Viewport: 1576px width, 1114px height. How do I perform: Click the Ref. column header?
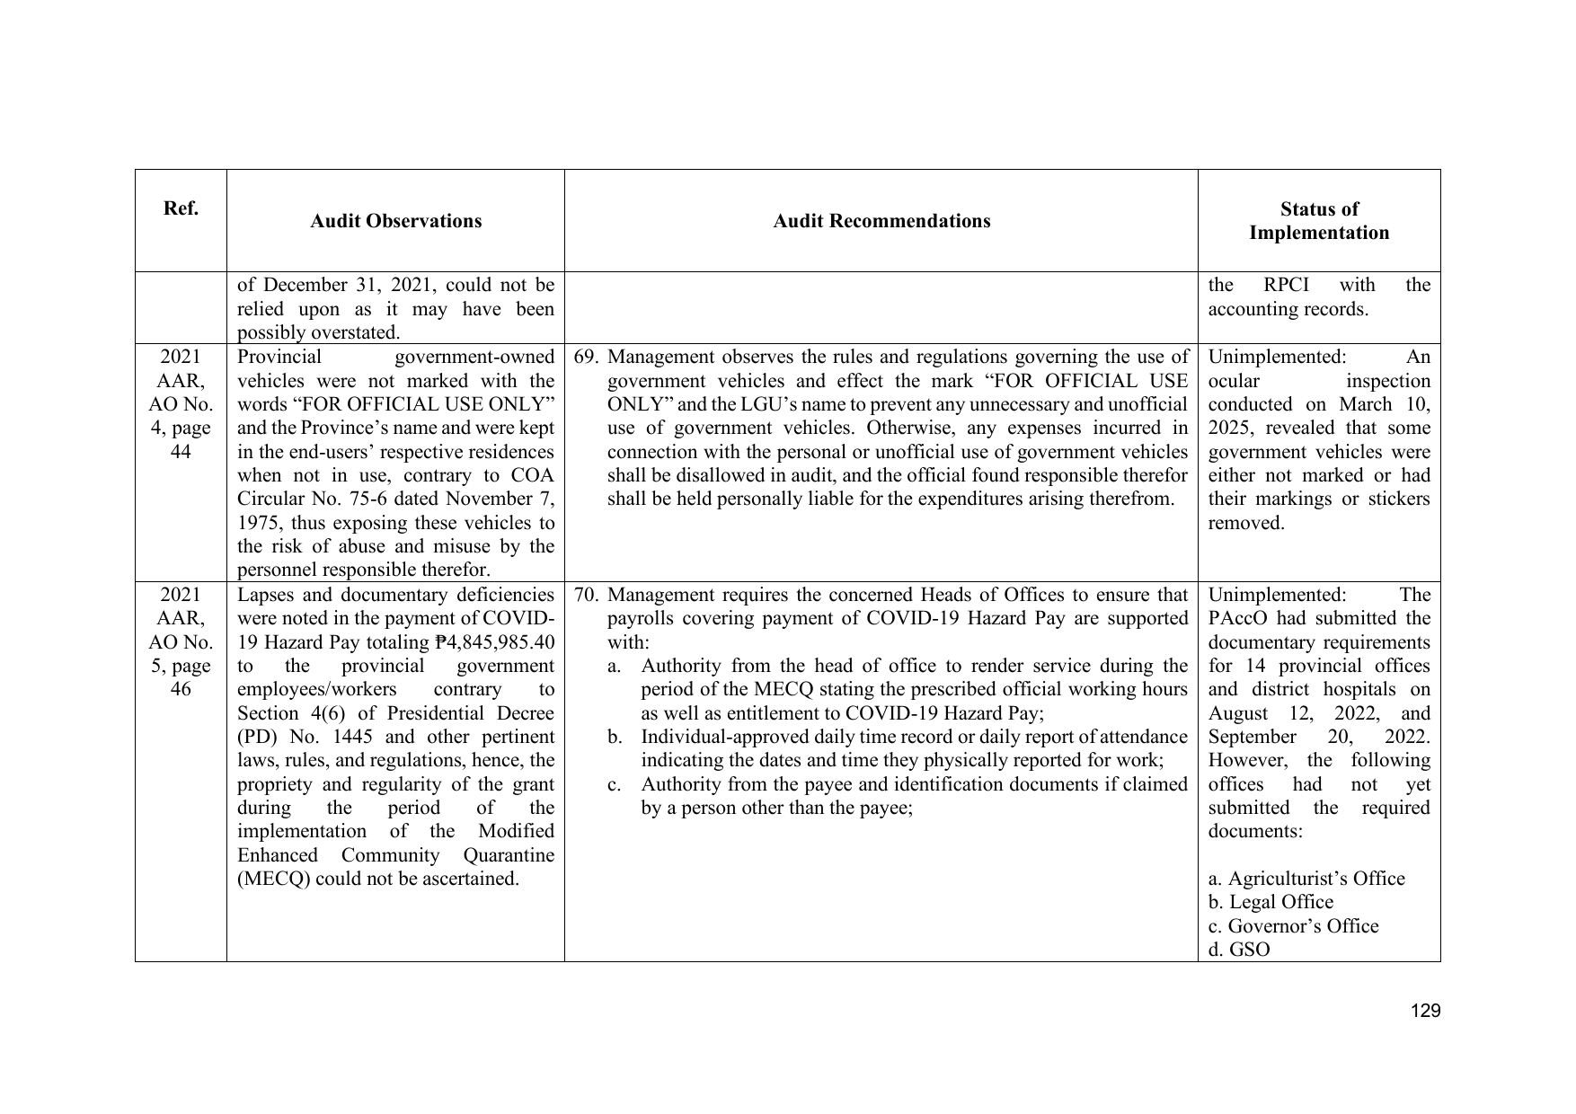click(x=181, y=208)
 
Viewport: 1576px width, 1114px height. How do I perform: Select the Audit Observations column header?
click(x=395, y=221)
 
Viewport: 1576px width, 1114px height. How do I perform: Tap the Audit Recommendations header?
click(x=881, y=221)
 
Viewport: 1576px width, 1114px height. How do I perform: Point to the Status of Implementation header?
click(x=1318, y=221)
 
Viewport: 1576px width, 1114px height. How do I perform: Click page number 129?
click(x=1425, y=1011)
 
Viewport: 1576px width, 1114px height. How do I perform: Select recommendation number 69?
click(x=586, y=357)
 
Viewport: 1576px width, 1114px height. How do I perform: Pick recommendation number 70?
click(x=586, y=595)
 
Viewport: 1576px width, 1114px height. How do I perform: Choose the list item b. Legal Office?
click(x=1271, y=902)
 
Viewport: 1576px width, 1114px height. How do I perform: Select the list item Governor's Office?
click(x=1302, y=926)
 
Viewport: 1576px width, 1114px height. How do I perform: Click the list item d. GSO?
click(x=1239, y=950)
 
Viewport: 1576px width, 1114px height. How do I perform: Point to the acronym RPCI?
click(x=1286, y=285)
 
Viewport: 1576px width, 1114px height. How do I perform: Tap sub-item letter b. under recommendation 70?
click(x=615, y=737)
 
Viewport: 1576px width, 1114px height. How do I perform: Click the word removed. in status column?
click(x=1246, y=523)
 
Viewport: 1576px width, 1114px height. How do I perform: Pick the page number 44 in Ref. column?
click(x=181, y=451)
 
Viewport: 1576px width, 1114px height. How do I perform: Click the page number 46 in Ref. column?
click(x=181, y=689)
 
